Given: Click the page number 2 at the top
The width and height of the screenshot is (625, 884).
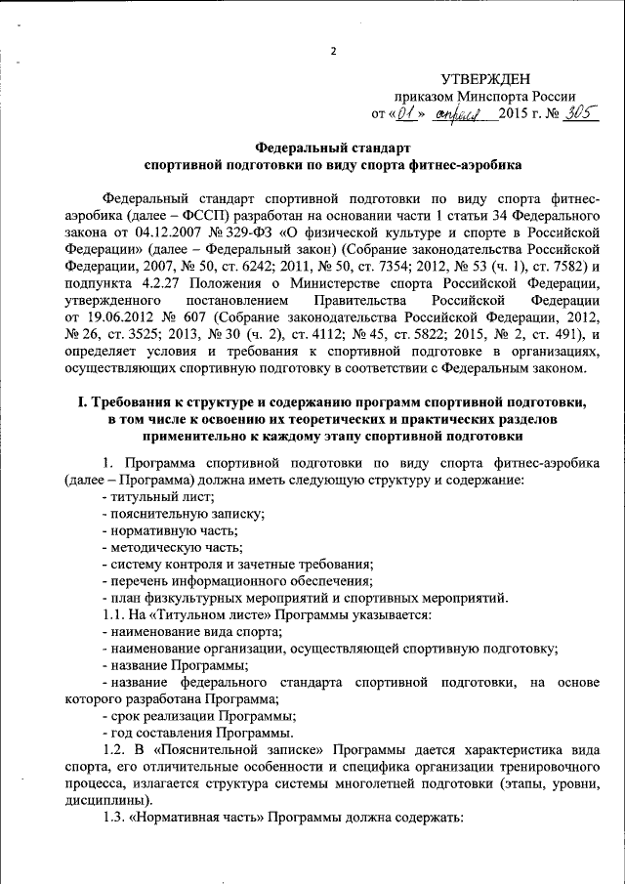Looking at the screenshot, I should [x=332, y=50].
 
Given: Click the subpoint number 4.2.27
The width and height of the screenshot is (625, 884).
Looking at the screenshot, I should [x=146, y=283].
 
